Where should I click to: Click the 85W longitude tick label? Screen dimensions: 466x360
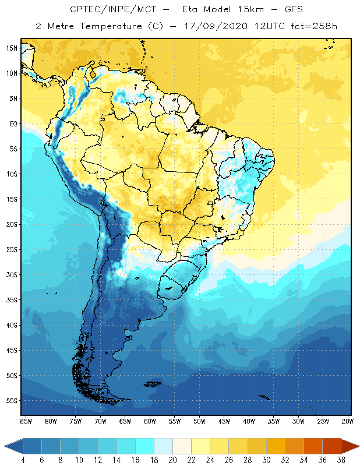[x=26, y=421]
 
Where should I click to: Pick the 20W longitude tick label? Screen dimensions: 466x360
[x=347, y=421]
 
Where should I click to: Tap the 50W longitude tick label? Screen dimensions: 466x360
[x=199, y=421]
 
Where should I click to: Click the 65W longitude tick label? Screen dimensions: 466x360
[x=125, y=421]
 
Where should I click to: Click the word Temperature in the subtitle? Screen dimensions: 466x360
[x=108, y=26]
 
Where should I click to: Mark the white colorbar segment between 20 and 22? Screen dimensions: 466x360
[x=182, y=446]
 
